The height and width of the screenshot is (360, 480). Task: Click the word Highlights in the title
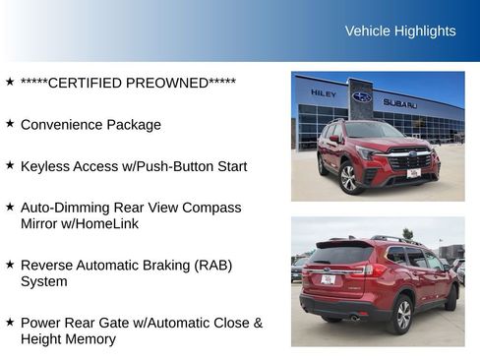[x=425, y=30]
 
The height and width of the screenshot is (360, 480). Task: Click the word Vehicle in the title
[x=368, y=30]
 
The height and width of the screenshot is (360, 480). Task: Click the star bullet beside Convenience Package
[x=10, y=124]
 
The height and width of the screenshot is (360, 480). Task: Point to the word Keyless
[x=45, y=166]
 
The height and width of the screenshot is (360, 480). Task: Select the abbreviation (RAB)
[x=209, y=266]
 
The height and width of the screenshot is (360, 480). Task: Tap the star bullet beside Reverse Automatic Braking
[x=10, y=265]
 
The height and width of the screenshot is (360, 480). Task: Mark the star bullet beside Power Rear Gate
[x=10, y=322]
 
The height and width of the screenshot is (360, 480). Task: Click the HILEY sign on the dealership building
[x=324, y=93]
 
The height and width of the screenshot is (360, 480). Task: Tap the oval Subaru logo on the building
[x=362, y=96]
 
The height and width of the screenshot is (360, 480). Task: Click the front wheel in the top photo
[x=348, y=178]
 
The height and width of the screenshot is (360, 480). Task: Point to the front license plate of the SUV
[x=413, y=173]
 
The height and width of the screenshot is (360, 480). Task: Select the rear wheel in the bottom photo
[x=400, y=314]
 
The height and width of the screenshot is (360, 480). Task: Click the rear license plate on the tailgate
[x=327, y=280]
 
